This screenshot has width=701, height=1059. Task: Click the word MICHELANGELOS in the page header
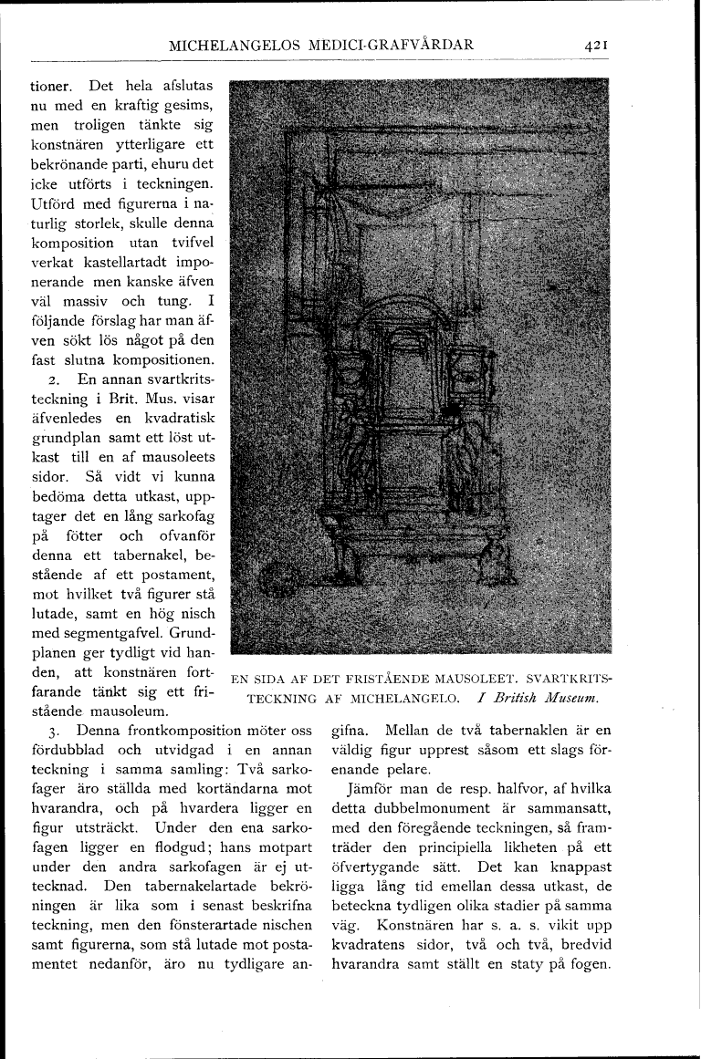240,44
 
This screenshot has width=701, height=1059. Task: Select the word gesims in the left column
185,109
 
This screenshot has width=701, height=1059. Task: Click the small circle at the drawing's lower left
272,579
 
